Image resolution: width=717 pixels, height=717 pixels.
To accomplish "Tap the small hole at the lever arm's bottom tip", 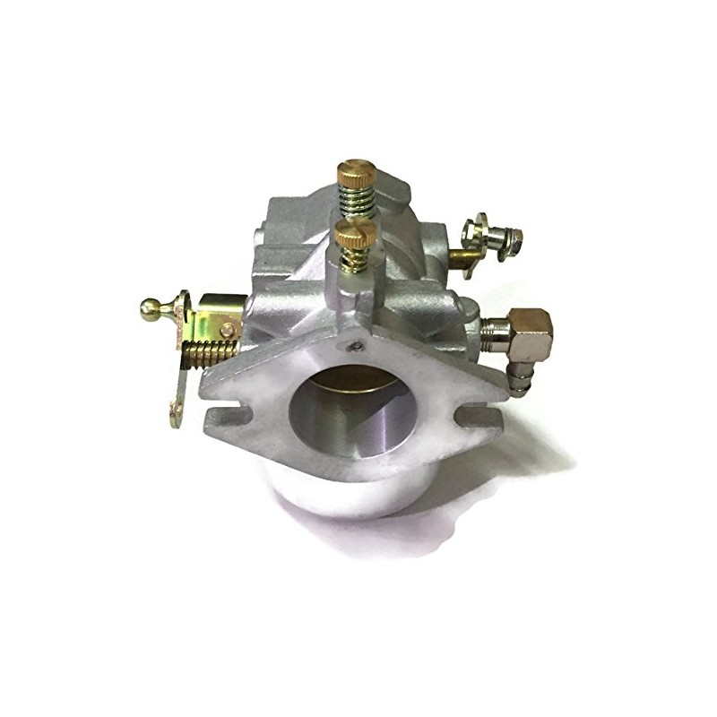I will tap(177, 410).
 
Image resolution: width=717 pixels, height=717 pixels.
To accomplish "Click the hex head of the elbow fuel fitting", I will tap(534, 328).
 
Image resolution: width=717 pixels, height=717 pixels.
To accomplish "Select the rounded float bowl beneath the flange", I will tap(358, 497).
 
